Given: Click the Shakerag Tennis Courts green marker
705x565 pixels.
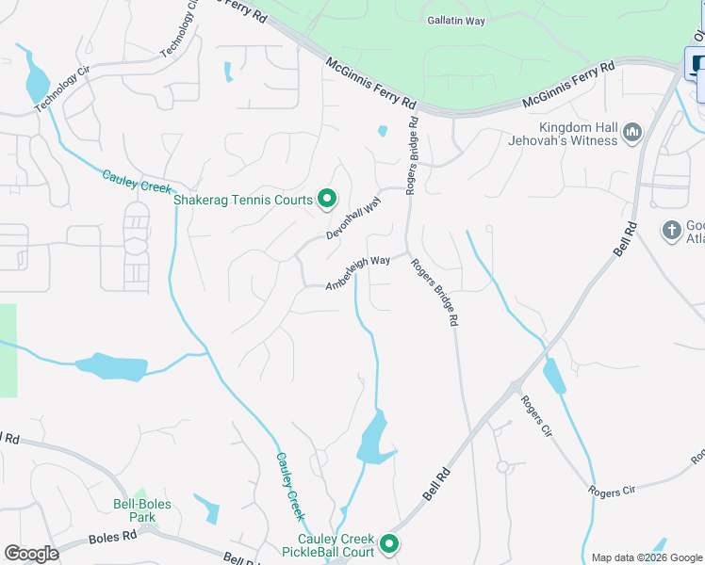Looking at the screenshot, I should (x=327, y=199).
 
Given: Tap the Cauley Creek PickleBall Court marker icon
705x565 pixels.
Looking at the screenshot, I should (x=388, y=543).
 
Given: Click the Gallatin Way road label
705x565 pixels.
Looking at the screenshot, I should (x=455, y=20).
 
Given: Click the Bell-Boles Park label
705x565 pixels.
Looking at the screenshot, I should (x=141, y=510).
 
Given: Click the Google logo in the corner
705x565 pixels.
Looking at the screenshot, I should (x=31, y=554).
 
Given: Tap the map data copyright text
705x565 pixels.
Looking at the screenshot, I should (x=647, y=557).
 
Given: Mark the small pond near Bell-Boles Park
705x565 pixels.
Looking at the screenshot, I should (x=207, y=508).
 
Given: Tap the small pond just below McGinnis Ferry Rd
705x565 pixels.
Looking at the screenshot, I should (x=382, y=131).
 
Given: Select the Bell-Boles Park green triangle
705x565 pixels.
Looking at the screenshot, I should (x=140, y=495).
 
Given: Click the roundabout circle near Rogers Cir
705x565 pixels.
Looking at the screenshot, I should (x=502, y=467).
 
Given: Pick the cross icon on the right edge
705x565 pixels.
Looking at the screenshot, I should (x=671, y=229).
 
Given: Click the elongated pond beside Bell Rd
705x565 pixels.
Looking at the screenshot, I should (x=555, y=376).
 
